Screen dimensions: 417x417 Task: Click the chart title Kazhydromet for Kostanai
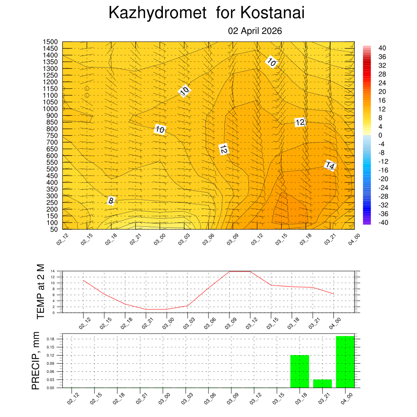point(206,13)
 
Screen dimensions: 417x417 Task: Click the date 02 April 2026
point(255,31)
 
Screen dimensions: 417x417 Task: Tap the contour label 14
point(330,166)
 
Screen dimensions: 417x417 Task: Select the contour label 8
point(111,200)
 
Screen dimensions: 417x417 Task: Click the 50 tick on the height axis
point(53,229)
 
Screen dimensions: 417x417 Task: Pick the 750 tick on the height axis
point(52,135)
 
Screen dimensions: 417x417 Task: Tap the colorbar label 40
point(382,48)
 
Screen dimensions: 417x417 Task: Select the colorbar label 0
point(380,135)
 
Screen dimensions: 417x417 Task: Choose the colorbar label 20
point(382,92)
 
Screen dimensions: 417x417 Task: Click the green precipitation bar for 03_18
point(300,371)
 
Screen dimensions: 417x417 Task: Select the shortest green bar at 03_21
point(323,384)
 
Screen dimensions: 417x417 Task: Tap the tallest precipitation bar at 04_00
point(345,362)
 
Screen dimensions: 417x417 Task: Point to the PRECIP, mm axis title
point(36,361)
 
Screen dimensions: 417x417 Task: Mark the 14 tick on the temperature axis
point(53,271)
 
